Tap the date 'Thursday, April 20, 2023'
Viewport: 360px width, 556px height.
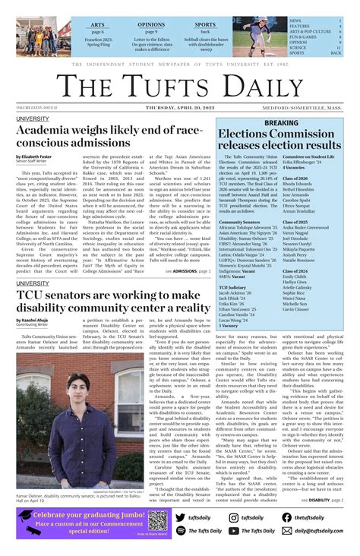pos(180,109)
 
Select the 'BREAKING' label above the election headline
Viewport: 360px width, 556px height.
pos(281,122)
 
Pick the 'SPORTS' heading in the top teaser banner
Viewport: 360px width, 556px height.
pos(205,24)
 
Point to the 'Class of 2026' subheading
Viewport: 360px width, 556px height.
pos(297,178)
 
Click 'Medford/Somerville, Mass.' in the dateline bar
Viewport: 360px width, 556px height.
pos(313,109)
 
